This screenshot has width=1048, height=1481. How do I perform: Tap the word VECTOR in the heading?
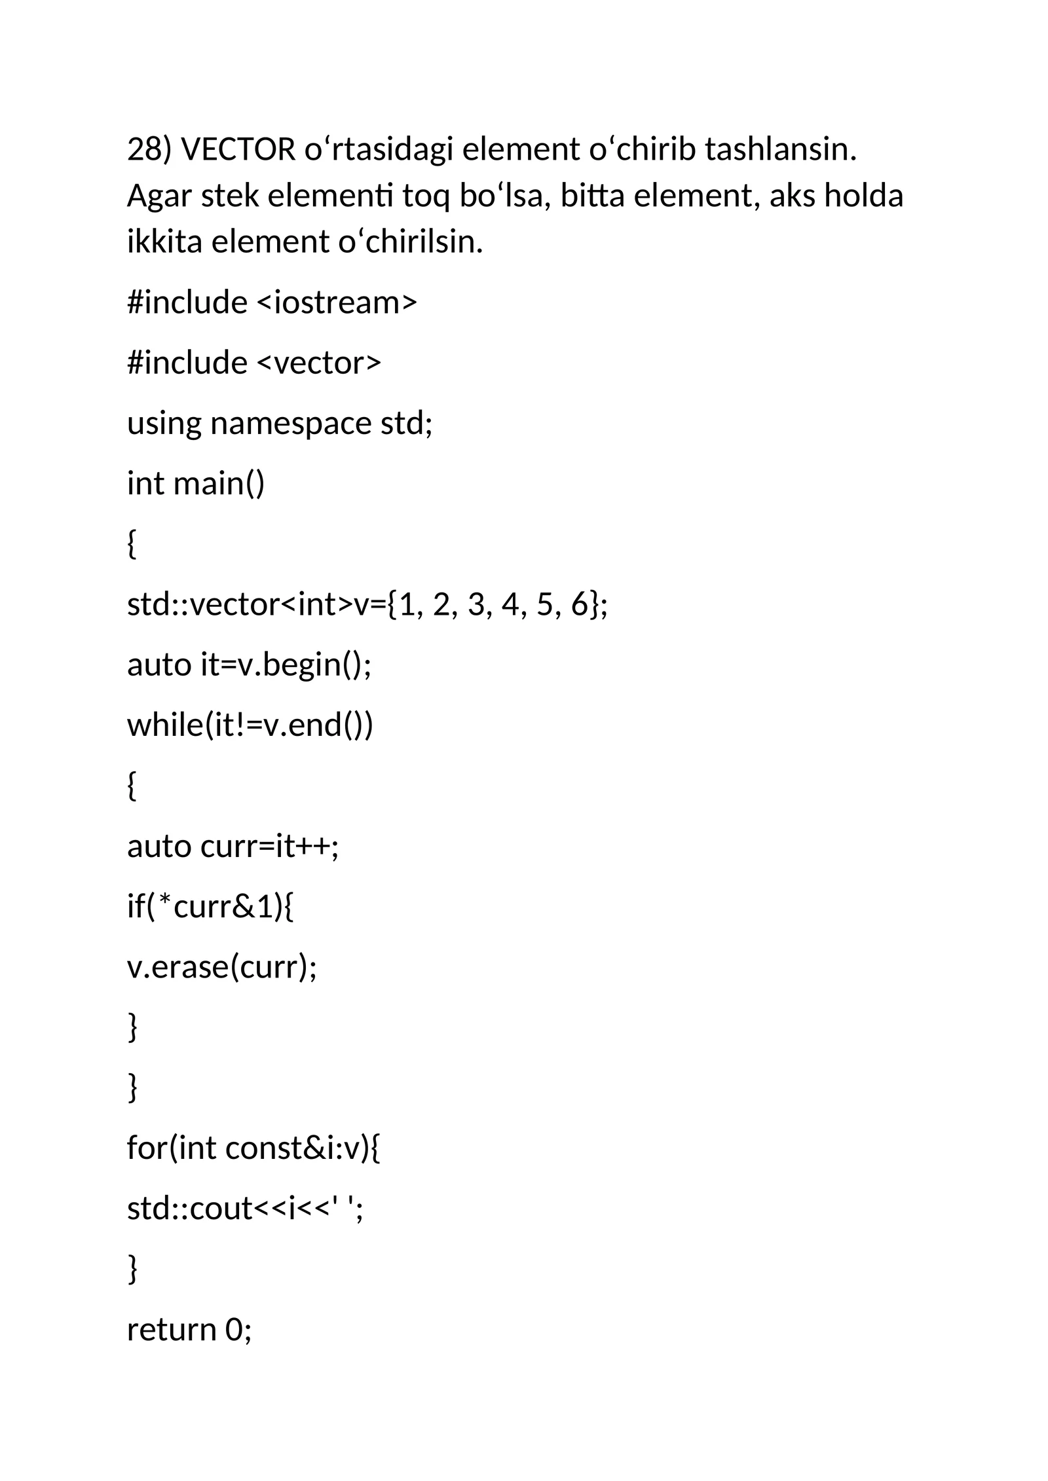pyautogui.click(x=238, y=150)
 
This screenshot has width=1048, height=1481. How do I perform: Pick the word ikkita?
pyautogui.click(x=164, y=242)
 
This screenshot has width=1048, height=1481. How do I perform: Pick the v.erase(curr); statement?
pyautogui.click(x=222, y=967)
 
